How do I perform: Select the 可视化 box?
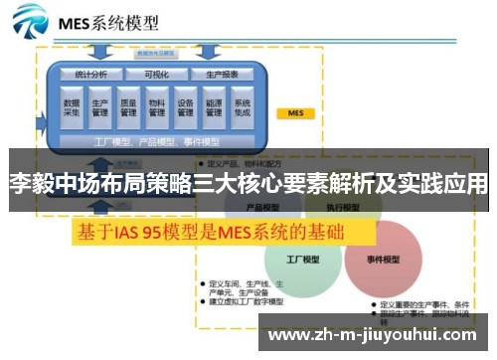[156, 74]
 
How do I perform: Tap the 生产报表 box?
[222, 74]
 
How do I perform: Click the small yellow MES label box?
[295, 113]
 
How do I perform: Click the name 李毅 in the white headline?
[28, 184]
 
